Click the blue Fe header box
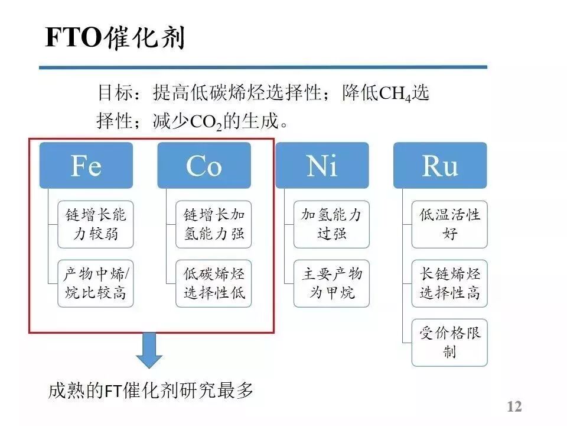[x=86, y=166]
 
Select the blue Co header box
[x=204, y=166]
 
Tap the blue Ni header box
[x=322, y=166]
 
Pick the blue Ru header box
[x=440, y=166]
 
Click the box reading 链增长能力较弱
[x=96, y=224]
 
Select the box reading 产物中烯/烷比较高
[x=96, y=283]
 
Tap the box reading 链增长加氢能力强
[x=214, y=224]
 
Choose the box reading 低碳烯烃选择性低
[x=214, y=283]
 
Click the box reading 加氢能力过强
[x=331, y=224]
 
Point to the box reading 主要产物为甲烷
[x=331, y=283]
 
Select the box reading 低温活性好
[x=449, y=224]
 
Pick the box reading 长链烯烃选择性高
[x=449, y=283]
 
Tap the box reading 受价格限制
[x=449, y=343]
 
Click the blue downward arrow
[x=150, y=351]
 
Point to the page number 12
[x=514, y=407]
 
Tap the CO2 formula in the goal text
[x=205, y=122]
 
